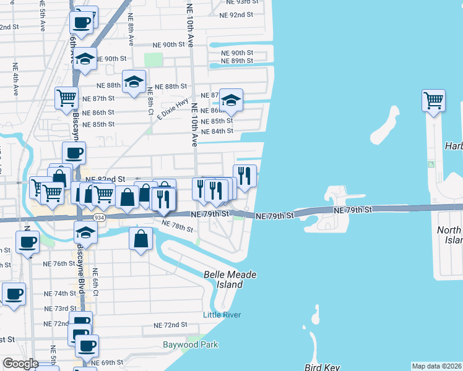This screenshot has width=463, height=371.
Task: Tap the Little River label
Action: (x=222, y=315)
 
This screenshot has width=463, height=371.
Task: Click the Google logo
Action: (x=20, y=364)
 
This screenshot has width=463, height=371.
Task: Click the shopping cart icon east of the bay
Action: (x=434, y=100)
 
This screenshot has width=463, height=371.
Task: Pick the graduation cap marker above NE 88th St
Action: (x=134, y=82)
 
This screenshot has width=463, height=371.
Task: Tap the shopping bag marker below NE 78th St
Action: (x=141, y=238)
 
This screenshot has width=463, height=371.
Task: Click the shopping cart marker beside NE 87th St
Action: (x=66, y=97)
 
